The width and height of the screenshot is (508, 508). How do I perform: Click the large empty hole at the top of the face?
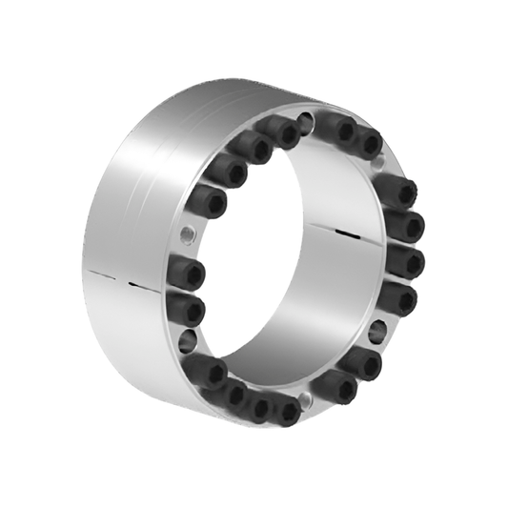(x=305, y=122)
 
